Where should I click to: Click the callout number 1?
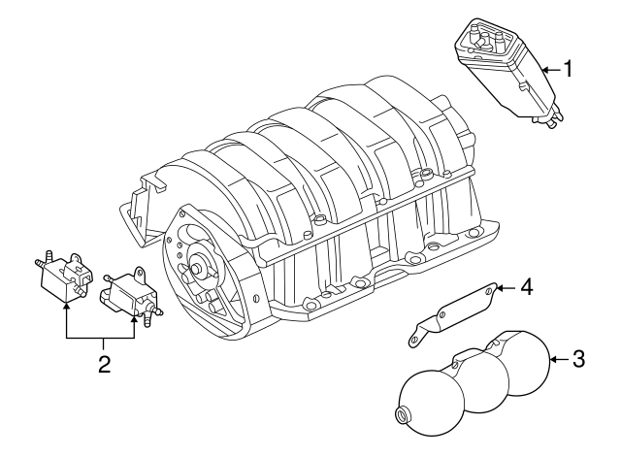pyautogui.click(x=571, y=70)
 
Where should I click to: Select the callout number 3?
pyautogui.click(x=578, y=360)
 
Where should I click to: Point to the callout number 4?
pyautogui.click(x=527, y=287)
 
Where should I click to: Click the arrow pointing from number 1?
pyautogui.click(x=549, y=70)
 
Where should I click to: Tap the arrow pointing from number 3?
pyautogui.click(x=558, y=360)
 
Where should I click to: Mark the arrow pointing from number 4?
pyautogui.click(x=506, y=287)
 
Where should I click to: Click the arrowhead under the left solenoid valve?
pyautogui.click(x=66, y=306)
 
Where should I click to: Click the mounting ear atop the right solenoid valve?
pyautogui.click(x=140, y=275)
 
